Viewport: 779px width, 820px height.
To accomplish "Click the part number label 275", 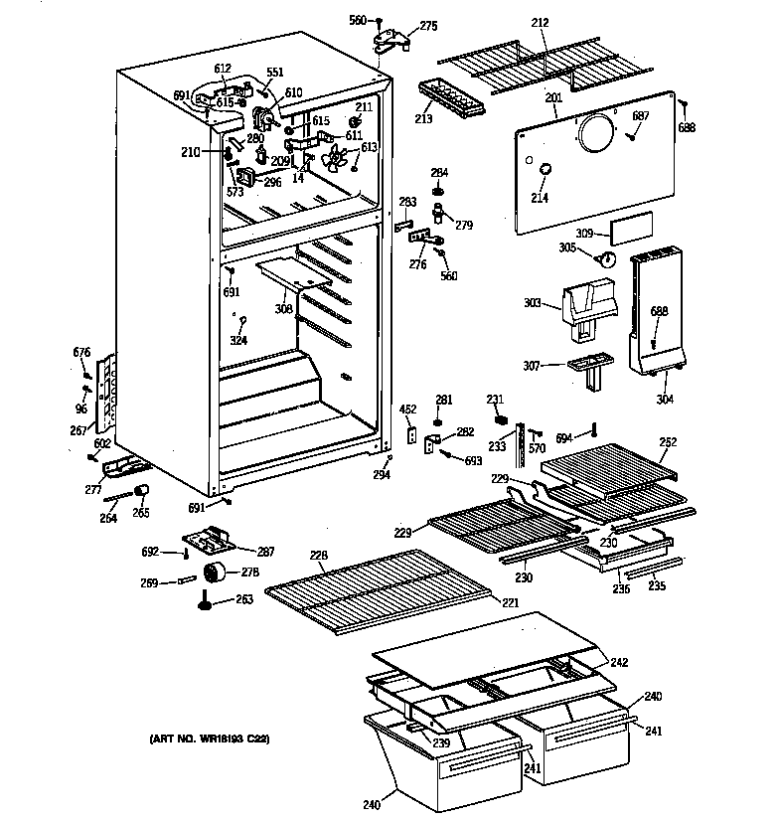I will pyautogui.click(x=428, y=26).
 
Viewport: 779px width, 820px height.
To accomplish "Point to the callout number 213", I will pyautogui.click(x=424, y=121).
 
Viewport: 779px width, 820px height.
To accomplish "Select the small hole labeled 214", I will pyautogui.click(x=545, y=175).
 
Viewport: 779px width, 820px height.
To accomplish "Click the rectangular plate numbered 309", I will pyautogui.click(x=631, y=233).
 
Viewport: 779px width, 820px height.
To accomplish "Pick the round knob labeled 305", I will pyautogui.click(x=606, y=259).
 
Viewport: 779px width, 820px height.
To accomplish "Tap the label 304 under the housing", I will pyautogui.click(x=665, y=400).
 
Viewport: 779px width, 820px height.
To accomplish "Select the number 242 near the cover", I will pyautogui.click(x=619, y=662).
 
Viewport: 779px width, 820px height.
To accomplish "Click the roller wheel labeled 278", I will pyautogui.click(x=215, y=573).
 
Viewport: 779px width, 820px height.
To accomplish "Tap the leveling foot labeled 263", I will pyautogui.click(x=207, y=600).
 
